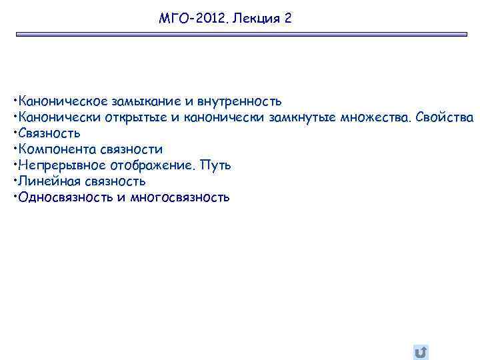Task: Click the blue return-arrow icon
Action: point(421,351)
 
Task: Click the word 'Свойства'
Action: point(445,118)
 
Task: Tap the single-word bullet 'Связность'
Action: point(49,133)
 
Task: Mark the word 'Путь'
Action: point(216,165)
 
